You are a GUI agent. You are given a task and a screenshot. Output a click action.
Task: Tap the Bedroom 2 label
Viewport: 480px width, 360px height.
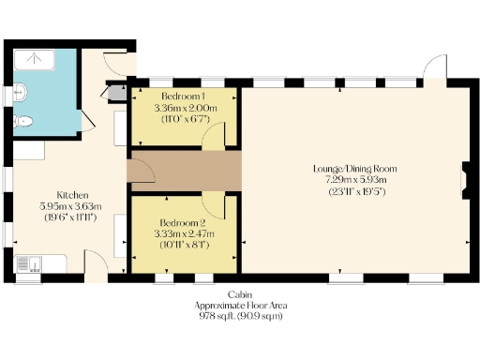(183, 221)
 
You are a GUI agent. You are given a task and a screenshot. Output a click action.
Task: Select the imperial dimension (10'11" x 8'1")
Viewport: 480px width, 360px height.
(183, 245)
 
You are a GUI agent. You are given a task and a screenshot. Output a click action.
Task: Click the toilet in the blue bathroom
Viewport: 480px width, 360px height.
(25, 122)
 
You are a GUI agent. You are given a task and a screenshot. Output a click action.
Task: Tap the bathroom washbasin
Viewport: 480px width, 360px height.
(21, 92)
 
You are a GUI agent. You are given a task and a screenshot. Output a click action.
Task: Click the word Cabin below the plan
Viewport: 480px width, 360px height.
(239, 294)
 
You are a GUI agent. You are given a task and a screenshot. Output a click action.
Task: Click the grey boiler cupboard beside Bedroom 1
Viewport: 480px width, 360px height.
(117, 92)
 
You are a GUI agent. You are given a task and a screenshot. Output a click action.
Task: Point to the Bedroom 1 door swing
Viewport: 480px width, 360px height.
(216, 137)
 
